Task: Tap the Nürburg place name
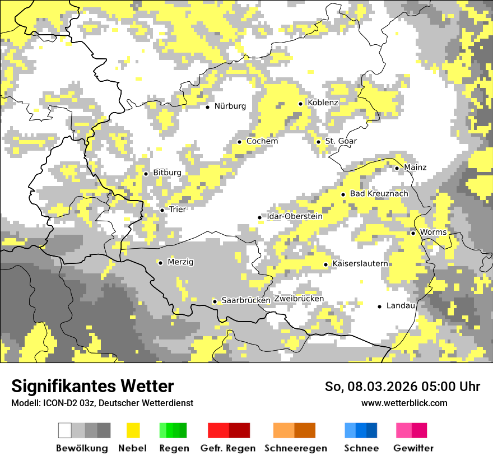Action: (x=230, y=106)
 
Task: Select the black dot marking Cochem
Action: (x=239, y=142)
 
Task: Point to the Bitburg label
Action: (x=167, y=173)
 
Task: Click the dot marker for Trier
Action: (x=162, y=210)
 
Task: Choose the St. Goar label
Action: (x=341, y=141)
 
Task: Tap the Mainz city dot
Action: (x=397, y=168)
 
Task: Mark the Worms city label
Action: (x=433, y=232)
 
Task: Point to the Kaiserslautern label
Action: (x=360, y=263)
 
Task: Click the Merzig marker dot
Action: (x=160, y=263)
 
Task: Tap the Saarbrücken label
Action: (x=246, y=300)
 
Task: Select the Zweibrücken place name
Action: (x=299, y=299)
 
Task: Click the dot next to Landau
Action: (x=380, y=306)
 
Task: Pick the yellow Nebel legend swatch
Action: (x=133, y=430)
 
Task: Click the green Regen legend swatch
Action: (x=173, y=430)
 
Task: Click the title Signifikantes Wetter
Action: (x=92, y=387)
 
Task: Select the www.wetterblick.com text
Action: (x=404, y=403)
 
